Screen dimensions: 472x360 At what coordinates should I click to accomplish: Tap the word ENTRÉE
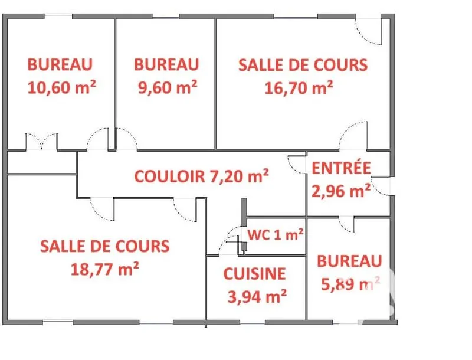pyautogui.click(x=341, y=168)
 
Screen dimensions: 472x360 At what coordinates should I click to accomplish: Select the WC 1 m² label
pyautogui.click(x=275, y=234)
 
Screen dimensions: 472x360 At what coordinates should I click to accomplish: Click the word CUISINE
pyautogui.click(x=254, y=274)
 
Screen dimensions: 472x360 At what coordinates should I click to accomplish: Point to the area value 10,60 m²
pyautogui.click(x=62, y=87)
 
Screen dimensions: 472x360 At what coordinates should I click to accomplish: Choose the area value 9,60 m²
pyautogui.click(x=168, y=87)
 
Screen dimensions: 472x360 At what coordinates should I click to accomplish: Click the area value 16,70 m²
pyautogui.click(x=299, y=88)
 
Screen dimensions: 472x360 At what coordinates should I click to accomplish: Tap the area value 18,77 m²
pyautogui.click(x=105, y=269)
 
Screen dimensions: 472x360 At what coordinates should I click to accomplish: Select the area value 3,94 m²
pyautogui.click(x=257, y=297)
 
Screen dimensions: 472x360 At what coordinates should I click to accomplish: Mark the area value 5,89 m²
pyautogui.click(x=350, y=283)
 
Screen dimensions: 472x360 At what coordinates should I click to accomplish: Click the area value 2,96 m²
pyautogui.click(x=341, y=191)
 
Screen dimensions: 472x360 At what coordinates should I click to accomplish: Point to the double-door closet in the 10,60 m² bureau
pyautogui.click(x=41, y=142)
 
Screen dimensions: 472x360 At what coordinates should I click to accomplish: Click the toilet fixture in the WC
pyautogui.click(x=244, y=247)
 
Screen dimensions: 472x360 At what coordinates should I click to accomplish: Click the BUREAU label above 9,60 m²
pyautogui.click(x=166, y=64)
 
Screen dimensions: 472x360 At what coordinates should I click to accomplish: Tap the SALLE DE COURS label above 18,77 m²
pyautogui.click(x=105, y=246)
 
